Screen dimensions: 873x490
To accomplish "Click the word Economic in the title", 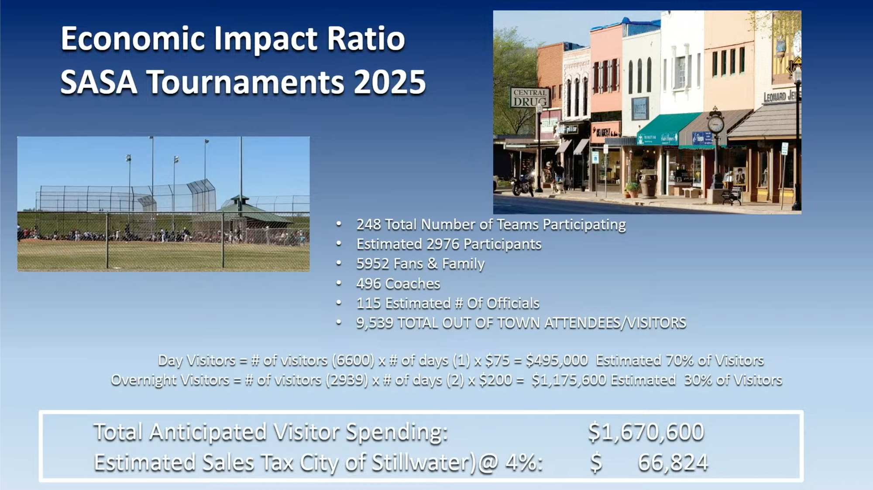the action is coord(133,39).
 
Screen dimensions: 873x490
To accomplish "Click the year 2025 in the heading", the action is coord(390,82).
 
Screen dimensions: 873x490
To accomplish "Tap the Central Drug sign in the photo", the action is coord(529,97).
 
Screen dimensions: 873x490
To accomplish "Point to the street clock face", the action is coord(716,124).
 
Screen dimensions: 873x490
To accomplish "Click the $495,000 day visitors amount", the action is coord(557,360).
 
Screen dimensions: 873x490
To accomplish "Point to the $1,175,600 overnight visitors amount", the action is coord(569,380).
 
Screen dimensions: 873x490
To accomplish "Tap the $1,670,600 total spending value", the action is coord(646,432).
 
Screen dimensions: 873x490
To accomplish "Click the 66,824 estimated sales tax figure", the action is coord(673,463).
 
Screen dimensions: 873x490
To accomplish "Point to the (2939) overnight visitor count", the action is coord(347,380).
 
